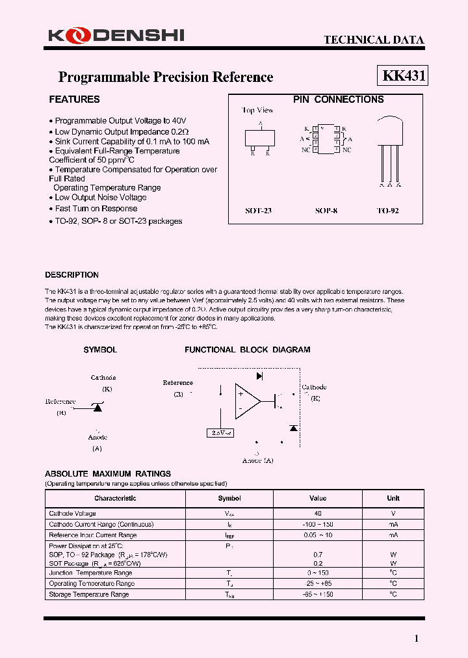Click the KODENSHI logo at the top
pos(116,36)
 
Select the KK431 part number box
pos(403,76)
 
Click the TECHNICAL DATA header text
pos(374,40)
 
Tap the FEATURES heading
pos(74,99)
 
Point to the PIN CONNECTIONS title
pos(338,99)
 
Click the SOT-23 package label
pos(258,211)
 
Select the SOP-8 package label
pos(326,211)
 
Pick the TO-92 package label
pos(387,211)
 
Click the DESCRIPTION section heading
pos(71,275)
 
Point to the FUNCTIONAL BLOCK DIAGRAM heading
pos(247,350)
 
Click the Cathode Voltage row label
pos(73,514)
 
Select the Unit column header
pos(393,498)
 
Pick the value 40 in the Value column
pos(318,514)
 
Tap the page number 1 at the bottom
pos(417,638)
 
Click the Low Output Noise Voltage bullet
pos(100,198)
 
